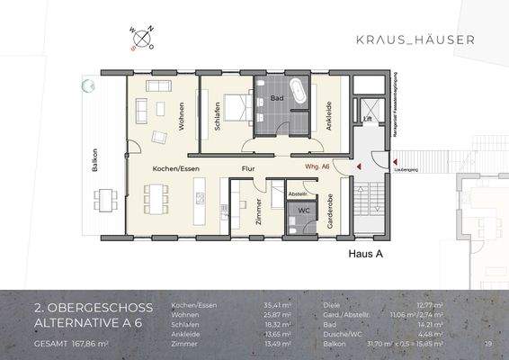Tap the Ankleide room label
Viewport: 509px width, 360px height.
[x=330, y=117]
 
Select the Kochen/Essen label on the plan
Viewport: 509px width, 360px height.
[x=175, y=168]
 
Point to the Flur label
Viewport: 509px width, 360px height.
[x=248, y=168]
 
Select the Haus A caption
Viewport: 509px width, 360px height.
[x=366, y=255]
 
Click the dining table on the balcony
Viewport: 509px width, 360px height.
[x=107, y=197]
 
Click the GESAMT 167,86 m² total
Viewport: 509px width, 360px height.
[x=71, y=343]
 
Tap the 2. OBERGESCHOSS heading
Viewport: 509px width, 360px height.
[x=93, y=308]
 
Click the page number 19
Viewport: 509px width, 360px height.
[x=488, y=343]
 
